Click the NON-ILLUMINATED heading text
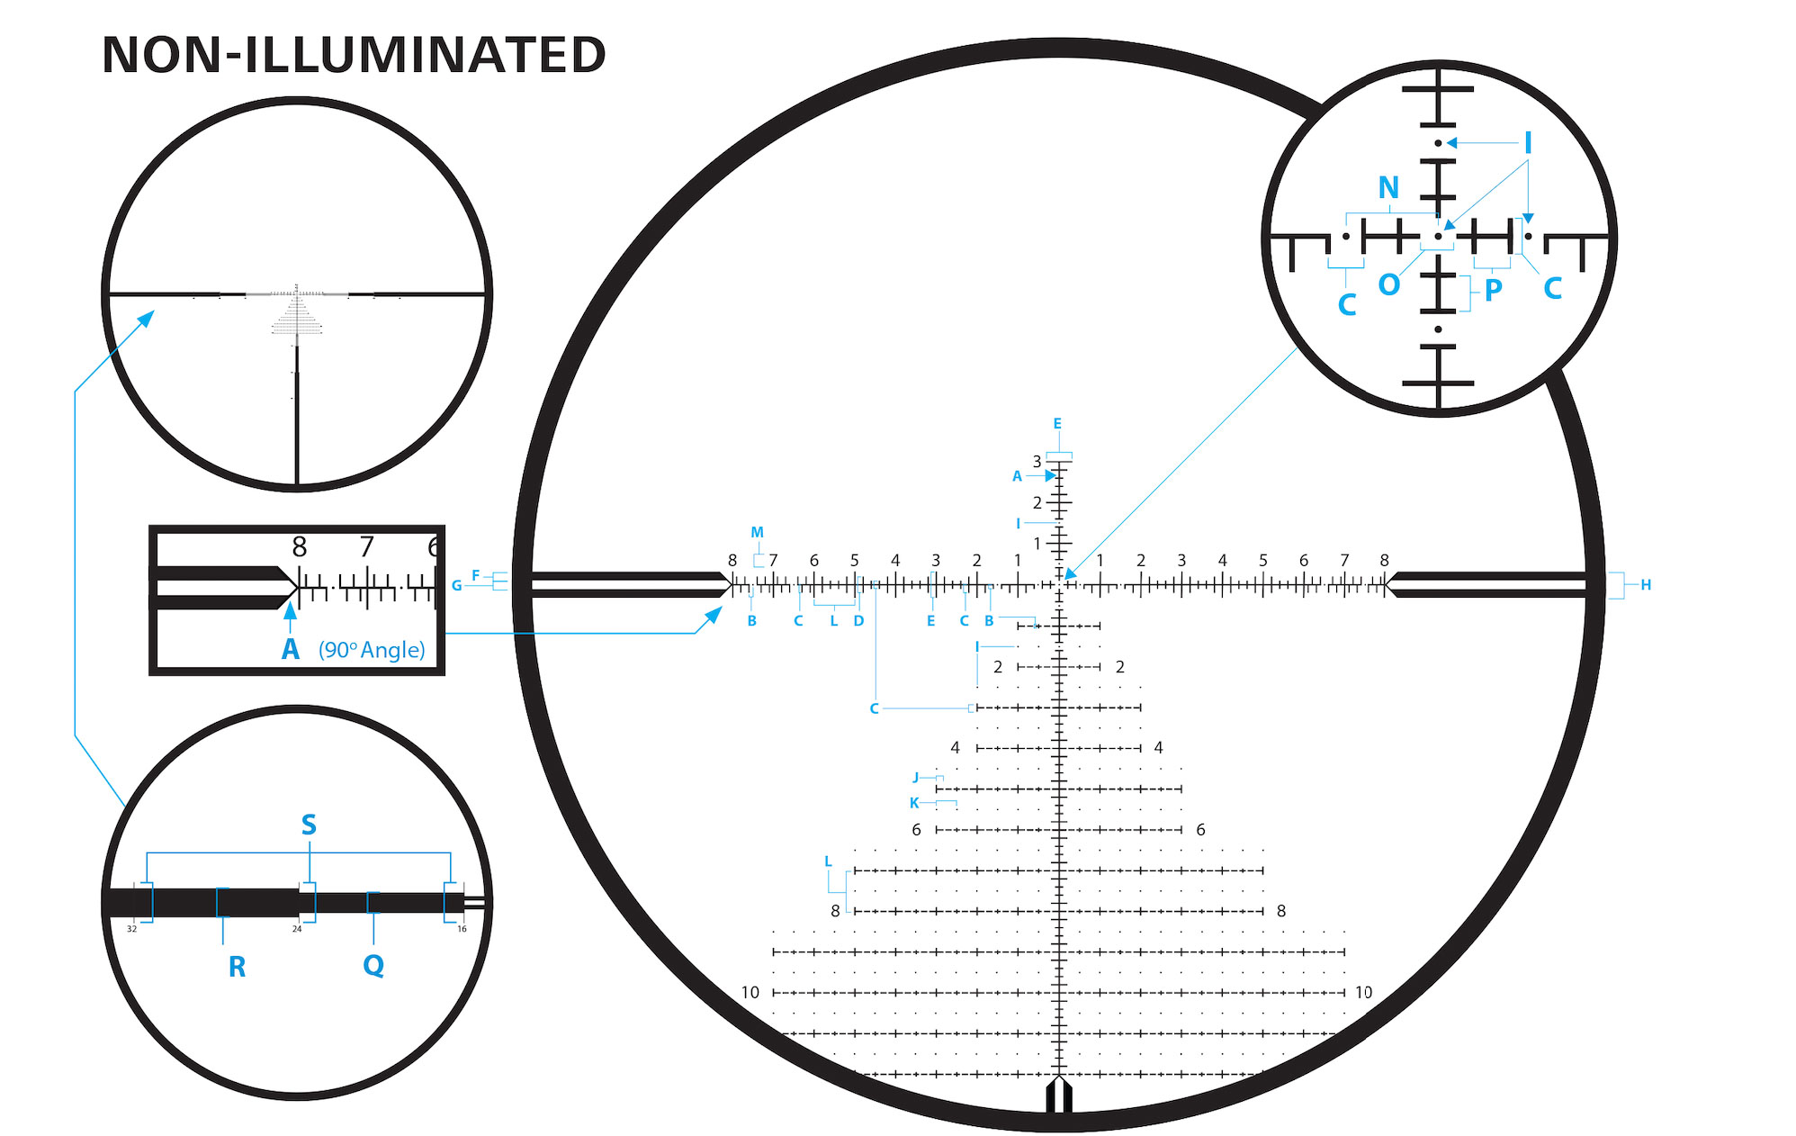coord(354,55)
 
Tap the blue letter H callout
coord(1645,585)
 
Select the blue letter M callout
coord(757,533)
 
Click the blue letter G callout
coord(457,586)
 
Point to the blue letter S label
coord(309,825)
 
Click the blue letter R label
coord(237,967)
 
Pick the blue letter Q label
coord(373,966)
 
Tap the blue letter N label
coord(1388,187)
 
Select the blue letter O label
coord(1388,284)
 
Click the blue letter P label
coord(1493,290)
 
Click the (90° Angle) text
coord(372,650)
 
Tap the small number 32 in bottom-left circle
coord(131,929)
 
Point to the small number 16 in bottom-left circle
coord(462,929)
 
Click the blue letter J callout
coord(916,778)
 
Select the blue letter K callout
coord(914,803)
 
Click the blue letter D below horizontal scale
coord(858,621)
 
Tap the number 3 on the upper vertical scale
coord(1037,462)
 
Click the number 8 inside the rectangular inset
coord(300,546)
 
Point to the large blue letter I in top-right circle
coord(1527,143)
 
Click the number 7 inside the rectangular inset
coord(366,546)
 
